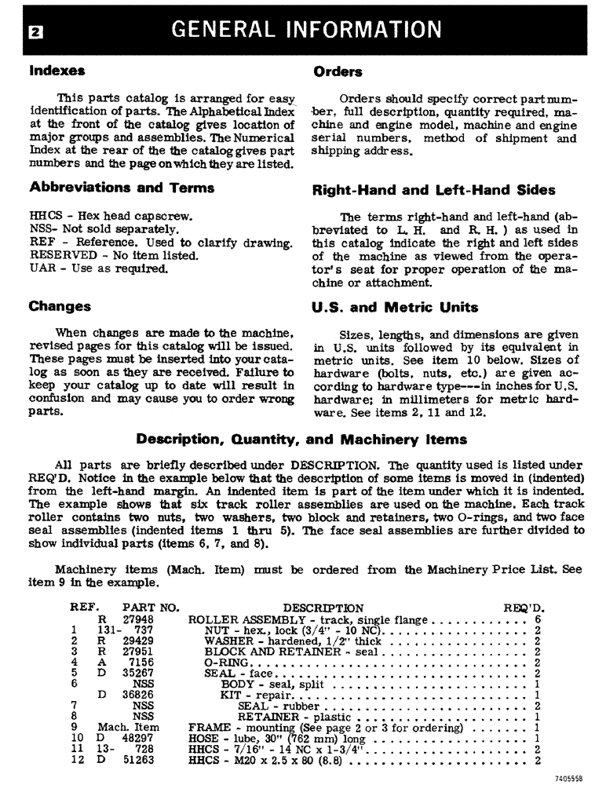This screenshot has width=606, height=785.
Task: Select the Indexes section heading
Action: click(x=57, y=71)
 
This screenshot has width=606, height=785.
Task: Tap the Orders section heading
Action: click(x=338, y=72)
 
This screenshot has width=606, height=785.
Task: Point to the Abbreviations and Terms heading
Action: click(x=122, y=188)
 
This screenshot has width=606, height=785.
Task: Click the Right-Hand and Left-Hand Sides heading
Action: click(x=433, y=190)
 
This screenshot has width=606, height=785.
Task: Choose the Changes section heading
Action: click(x=60, y=306)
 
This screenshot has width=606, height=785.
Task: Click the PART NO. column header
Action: click(x=151, y=608)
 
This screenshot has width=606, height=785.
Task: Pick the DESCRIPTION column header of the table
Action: click(x=323, y=608)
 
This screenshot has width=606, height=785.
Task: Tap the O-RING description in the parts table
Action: click(x=225, y=663)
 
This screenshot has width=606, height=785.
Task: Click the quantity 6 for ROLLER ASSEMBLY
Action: click(x=538, y=619)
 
